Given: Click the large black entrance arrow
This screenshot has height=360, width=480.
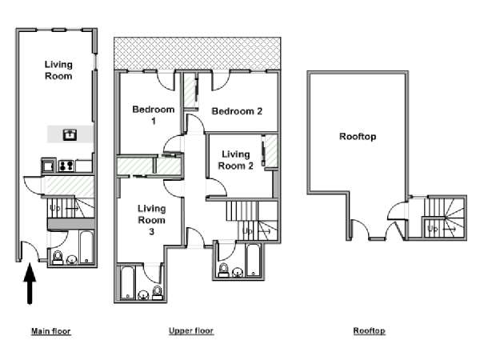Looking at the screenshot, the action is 30,283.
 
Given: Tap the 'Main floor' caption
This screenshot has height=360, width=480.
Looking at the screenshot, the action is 51,331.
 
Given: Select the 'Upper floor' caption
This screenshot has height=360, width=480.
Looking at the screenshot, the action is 191,330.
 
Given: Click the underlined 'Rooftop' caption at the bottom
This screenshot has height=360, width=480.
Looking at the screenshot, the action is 369,330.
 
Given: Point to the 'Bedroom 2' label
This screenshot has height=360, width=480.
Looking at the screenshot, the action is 237,111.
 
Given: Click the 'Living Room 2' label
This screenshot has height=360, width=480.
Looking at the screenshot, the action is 235,160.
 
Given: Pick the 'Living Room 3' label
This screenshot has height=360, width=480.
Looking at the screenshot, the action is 151,220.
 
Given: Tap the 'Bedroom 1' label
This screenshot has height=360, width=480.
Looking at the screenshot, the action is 154,115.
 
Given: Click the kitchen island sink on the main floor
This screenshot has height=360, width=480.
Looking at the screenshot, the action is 70,134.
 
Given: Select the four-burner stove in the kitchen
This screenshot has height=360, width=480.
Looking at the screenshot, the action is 66,166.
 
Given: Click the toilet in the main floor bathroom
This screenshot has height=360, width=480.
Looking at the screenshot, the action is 58,258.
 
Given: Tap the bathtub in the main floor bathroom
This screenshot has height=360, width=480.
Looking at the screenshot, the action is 86,247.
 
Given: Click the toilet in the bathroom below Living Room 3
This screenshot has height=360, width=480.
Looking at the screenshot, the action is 158,293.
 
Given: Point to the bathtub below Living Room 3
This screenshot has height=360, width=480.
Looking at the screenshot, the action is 127,283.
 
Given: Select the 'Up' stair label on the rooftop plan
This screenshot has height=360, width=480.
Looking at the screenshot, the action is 433,229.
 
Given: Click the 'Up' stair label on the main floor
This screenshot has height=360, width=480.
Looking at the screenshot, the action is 54,209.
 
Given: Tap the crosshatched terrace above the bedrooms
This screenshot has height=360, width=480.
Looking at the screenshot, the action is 197,54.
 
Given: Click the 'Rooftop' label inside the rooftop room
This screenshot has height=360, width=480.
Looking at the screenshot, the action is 358,137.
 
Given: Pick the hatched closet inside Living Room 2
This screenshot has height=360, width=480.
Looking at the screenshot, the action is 271,151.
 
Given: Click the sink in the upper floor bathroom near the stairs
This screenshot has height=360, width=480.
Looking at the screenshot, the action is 238,272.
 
